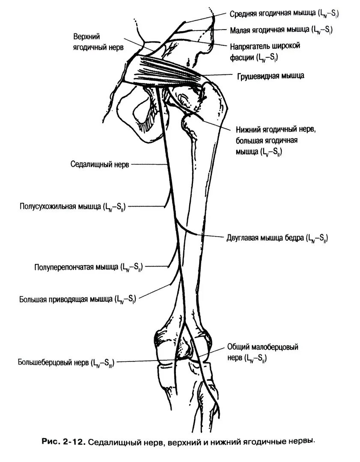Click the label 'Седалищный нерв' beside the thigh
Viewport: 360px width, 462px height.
(99, 164)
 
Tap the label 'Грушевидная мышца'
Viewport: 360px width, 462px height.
(271, 76)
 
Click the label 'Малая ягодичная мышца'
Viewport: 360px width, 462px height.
(281, 30)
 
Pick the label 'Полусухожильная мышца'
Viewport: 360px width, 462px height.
(72, 207)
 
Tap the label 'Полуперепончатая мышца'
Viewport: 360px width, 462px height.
(88, 267)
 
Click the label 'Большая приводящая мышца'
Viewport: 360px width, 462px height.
(77, 299)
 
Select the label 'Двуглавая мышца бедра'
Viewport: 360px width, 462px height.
(277, 238)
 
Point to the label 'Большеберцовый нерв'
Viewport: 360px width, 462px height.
(66, 363)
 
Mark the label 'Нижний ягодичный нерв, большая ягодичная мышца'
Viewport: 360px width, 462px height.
(273, 140)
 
